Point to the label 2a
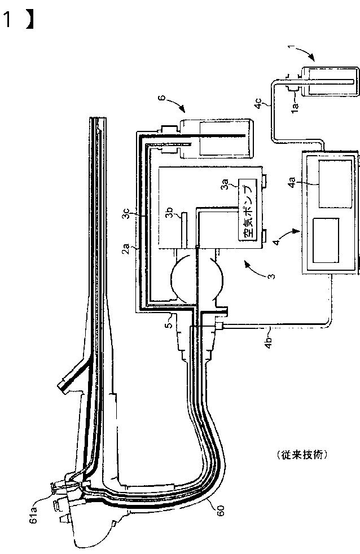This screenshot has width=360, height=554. tap(128, 247)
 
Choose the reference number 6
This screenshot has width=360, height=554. tap(161, 99)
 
